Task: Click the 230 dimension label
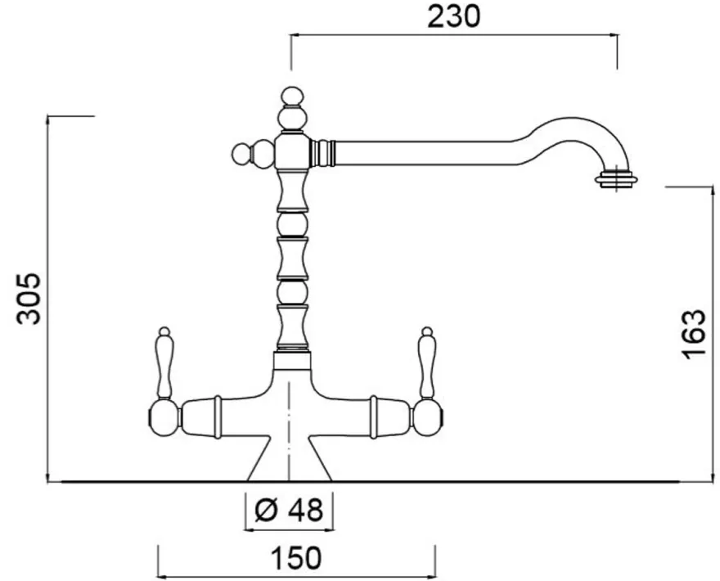point(453,17)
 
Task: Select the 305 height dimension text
point(29,299)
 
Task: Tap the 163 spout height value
point(693,335)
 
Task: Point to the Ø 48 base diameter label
point(288,509)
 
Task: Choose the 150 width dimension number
point(296,558)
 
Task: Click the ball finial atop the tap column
point(293,97)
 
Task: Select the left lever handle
point(164,363)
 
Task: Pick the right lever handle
point(426,363)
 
